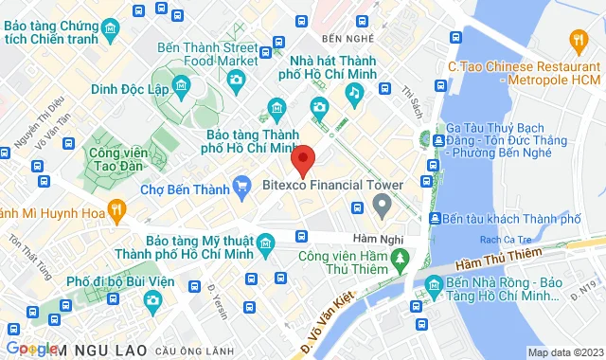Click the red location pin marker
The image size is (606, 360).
pos(302,160)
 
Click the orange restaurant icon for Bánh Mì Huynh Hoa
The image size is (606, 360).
pos(116,210)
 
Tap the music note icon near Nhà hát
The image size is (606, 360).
pos(354,92)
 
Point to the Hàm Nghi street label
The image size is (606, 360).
pos(371,237)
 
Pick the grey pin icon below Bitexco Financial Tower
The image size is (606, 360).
pos(381,204)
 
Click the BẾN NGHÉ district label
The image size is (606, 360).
pos(343,39)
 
